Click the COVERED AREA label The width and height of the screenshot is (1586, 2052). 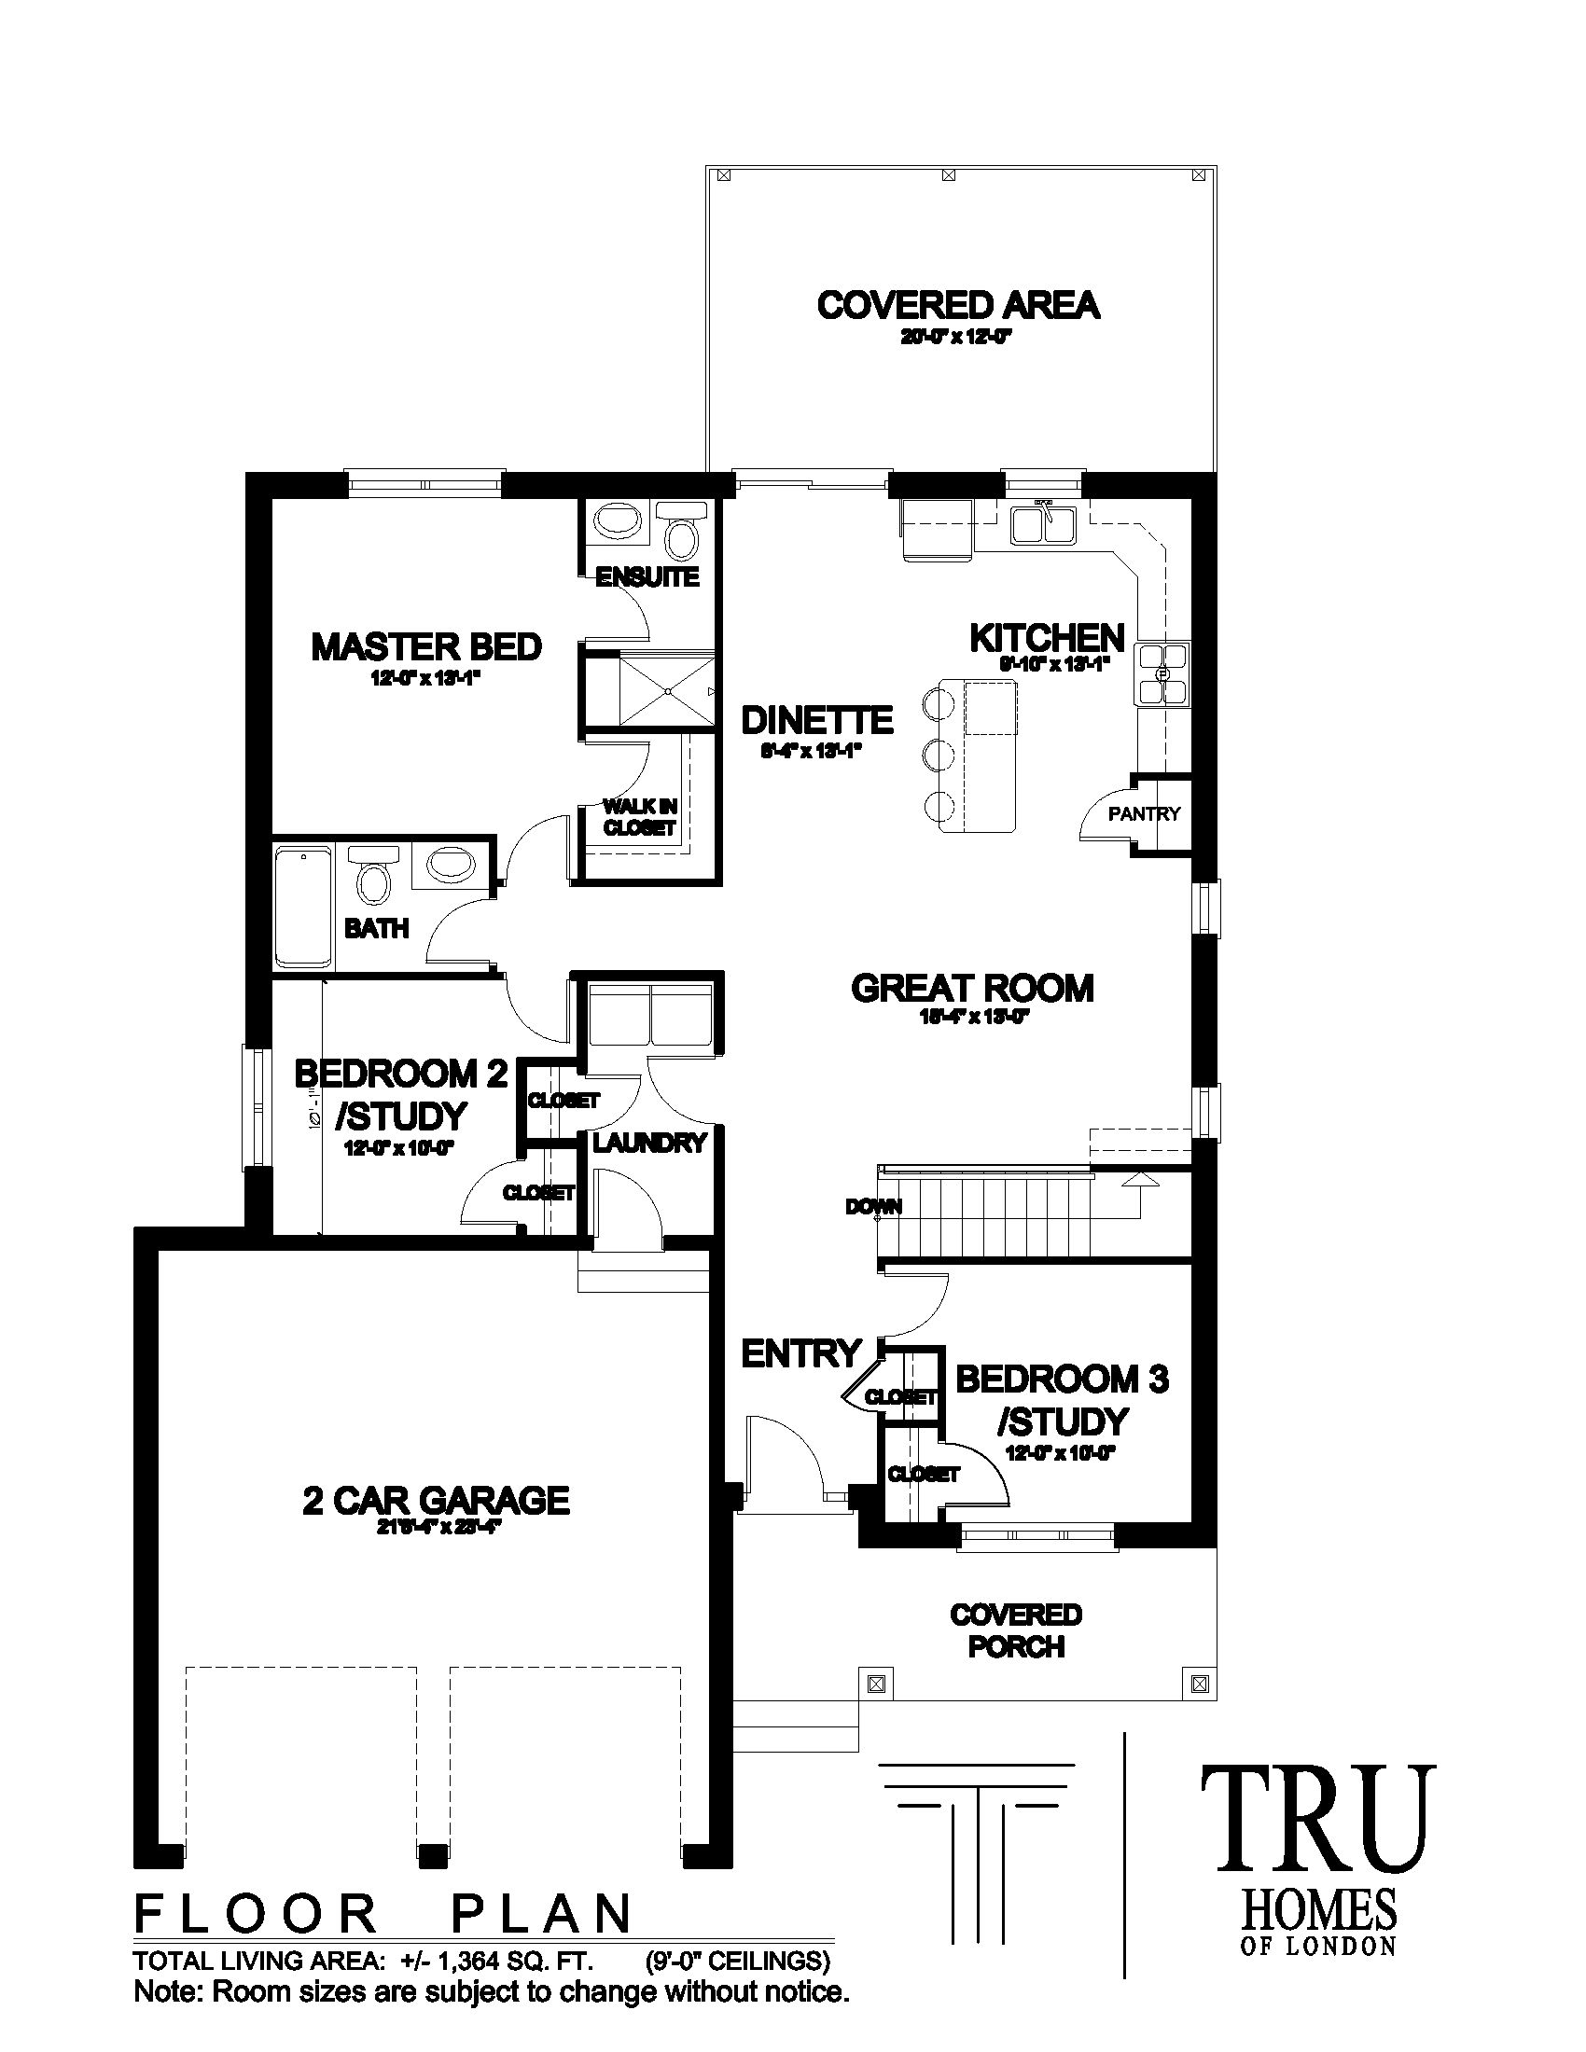(957, 306)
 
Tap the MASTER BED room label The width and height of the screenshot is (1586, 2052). (426, 647)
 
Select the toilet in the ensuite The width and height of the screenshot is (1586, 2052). (680, 537)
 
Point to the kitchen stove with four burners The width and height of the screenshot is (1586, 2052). (1162, 673)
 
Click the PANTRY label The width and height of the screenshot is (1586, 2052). (1144, 813)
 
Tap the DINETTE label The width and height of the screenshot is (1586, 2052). (816, 721)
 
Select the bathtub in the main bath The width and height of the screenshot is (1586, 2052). (302, 907)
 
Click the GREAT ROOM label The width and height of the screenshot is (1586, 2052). (972, 989)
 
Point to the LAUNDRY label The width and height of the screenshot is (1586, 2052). (648, 1143)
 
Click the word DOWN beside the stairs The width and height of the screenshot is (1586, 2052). (874, 1207)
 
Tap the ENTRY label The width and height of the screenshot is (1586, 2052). (800, 1354)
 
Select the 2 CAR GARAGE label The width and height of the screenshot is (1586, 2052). (436, 1501)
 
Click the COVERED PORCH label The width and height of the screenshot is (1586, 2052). (1016, 1630)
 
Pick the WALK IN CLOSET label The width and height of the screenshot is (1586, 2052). (640, 817)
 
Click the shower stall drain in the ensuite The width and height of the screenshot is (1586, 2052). (666, 690)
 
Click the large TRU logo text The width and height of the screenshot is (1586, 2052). (1318, 1821)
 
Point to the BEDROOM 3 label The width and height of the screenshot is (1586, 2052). (1062, 1380)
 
